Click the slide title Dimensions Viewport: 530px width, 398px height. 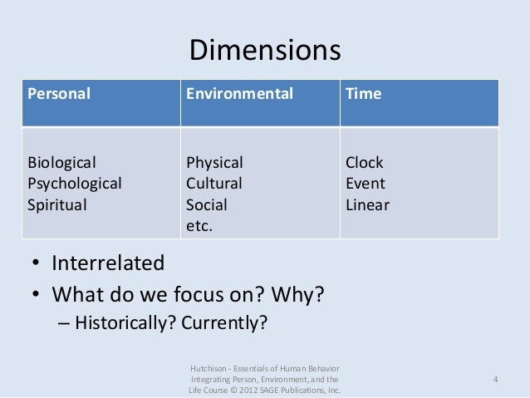(265, 51)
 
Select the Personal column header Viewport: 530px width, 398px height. (59, 94)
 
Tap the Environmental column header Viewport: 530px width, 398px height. (239, 94)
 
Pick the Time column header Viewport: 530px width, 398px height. (363, 94)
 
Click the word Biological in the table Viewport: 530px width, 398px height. (62, 162)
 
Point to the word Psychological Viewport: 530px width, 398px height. (75, 183)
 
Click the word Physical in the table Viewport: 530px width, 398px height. (214, 162)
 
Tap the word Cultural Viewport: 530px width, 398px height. (214, 183)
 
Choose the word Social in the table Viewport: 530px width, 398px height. (207, 204)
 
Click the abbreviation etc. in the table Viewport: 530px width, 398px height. (199, 224)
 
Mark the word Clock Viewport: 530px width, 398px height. (365, 162)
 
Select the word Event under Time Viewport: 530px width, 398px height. (366, 183)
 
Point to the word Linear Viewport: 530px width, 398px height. (367, 204)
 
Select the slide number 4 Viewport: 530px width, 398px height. (495, 380)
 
